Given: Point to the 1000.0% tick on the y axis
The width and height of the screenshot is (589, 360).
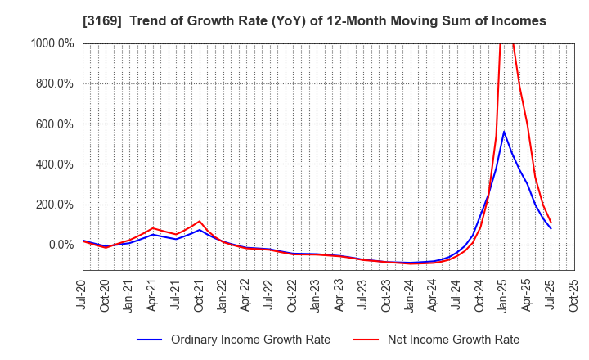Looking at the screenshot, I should (x=53, y=43).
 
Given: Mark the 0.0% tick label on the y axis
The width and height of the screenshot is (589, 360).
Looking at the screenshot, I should (x=61, y=245).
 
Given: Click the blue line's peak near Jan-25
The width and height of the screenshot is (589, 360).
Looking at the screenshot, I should (x=504, y=132).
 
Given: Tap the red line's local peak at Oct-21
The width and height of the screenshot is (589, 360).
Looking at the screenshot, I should (x=200, y=221).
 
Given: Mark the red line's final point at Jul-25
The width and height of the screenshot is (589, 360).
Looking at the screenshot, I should (x=551, y=222).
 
